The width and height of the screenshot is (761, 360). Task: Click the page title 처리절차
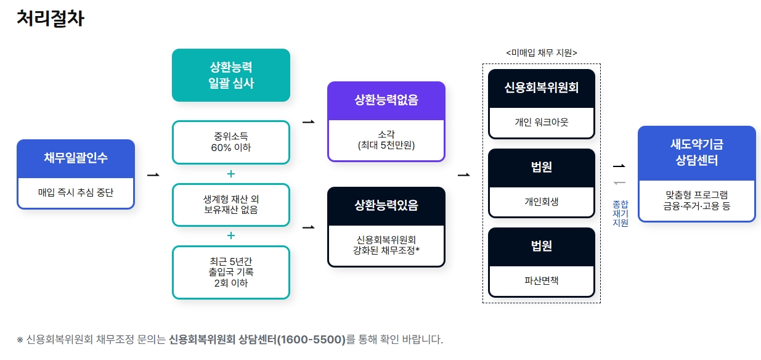click(x=50, y=18)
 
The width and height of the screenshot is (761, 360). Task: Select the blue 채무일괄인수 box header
click(x=76, y=158)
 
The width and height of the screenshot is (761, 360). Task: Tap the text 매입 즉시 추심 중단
click(x=76, y=193)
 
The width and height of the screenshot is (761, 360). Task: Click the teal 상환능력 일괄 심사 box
click(x=230, y=75)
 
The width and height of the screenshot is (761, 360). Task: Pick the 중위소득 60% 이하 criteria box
click(x=230, y=142)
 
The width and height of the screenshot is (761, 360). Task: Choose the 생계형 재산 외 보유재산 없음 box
click(x=230, y=205)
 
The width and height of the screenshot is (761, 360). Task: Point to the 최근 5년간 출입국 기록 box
click(x=230, y=272)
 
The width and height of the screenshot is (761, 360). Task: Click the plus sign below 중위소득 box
click(x=231, y=174)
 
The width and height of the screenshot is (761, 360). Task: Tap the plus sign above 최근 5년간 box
click(x=231, y=235)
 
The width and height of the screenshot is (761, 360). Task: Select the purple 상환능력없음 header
click(x=386, y=100)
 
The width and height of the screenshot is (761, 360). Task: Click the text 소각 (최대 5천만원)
click(x=386, y=141)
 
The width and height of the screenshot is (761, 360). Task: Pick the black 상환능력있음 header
click(x=386, y=205)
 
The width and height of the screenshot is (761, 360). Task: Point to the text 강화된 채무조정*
click(x=386, y=250)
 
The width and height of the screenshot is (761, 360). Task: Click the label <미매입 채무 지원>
click(x=541, y=53)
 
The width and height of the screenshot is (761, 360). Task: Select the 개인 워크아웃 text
click(x=541, y=123)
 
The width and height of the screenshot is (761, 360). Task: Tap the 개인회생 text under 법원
click(x=541, y=202)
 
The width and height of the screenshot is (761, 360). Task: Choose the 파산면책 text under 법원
click(x=541, y=280)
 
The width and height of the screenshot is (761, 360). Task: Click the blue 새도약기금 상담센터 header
click(x=696, y=153)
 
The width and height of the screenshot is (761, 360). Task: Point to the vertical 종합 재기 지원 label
click(x=620, y=213)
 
